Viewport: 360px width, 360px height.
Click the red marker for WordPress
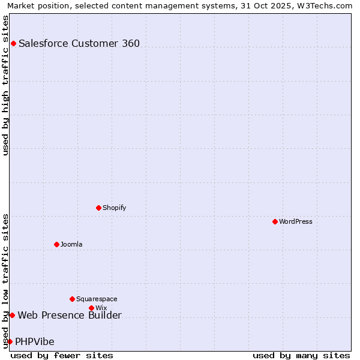pyautogui.click(x=275, y=221)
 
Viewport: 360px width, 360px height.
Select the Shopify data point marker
pyautogui.click(x=98, y=208)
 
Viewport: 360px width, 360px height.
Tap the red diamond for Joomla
pyautogui.click(x=56, y=244)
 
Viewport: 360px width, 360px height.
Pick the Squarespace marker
pyautogui.click(x=72, y=299)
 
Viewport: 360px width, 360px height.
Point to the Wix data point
pyautogui.click(x=91, y=308)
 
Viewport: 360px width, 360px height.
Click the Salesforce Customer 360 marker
pyautogui.click(x=13, y=43)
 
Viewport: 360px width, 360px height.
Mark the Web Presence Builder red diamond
pyautogui.click(x=12, y=315)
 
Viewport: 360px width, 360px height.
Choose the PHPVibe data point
pyautogui.click(x=10, y=341)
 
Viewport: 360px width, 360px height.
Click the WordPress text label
pyautogui.click(x=296, y=221)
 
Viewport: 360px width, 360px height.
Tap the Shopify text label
pyautogui.click(x=114, y=208)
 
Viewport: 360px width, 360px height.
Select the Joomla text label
pyautogui.click(x=71, y=244)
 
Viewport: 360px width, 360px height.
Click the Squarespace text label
pyautogui.click(x=97, y=299)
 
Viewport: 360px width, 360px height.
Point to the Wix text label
pyautogui.click(x=101, y=308)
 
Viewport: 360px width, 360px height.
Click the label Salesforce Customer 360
pyautogui.click(x=79, y=43)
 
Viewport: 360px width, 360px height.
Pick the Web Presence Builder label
pyautogui.click(x=70, y=315)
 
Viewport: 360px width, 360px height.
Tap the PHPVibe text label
pyautogui.click(x=35, y=341)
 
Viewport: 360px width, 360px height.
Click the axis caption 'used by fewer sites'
pyautogui.click(x=62, y=355)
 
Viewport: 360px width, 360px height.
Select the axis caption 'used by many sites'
pyautogui.click(x=301, y=355)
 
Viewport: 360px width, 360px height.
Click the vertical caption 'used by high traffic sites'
pyautogui.click(x=5, y=85)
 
